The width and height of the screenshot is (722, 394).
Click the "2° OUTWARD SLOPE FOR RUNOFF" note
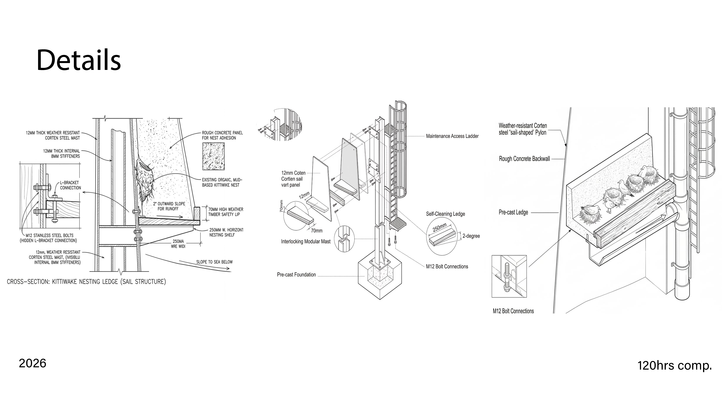click(169, 206)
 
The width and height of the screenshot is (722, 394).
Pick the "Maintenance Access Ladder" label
click(452, 136)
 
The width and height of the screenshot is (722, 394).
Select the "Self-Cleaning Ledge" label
click(445, 214)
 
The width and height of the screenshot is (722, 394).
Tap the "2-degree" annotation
click(471, 236)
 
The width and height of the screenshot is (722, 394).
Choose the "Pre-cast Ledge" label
click(513, 212)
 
